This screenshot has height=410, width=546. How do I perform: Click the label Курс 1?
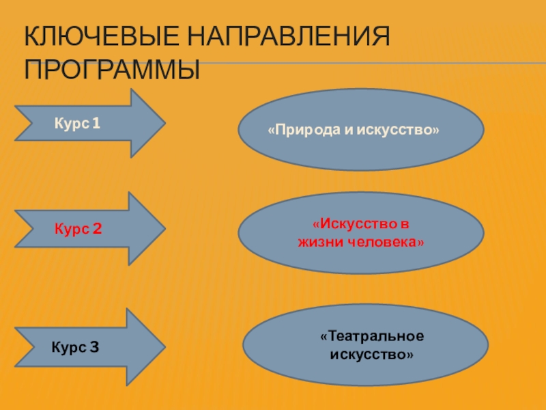tap(77, 124)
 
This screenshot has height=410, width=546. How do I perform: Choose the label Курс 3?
tap(75, 347)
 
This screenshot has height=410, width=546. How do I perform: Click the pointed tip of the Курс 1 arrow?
tap(164, 123)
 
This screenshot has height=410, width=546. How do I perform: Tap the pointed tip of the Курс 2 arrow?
tap(164, 228)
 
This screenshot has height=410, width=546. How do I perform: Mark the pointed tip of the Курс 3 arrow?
tap(164, 346)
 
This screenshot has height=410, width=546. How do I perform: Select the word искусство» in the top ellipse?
tap(403, 129)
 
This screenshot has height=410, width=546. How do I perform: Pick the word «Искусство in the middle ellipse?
tap(358, 225)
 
